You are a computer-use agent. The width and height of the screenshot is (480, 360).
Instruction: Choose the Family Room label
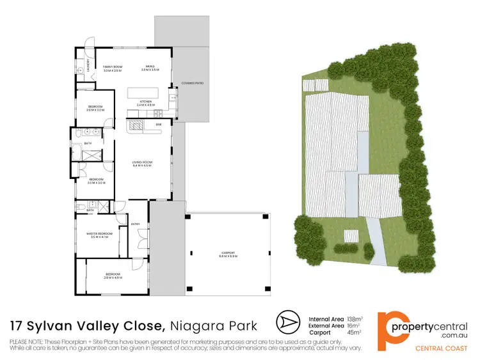[113, 67]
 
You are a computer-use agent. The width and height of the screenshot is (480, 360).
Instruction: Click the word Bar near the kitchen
[158, 124]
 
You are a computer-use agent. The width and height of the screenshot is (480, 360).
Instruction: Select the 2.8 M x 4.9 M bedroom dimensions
[113, 278]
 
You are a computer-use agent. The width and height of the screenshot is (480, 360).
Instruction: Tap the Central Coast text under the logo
[442, 348]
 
